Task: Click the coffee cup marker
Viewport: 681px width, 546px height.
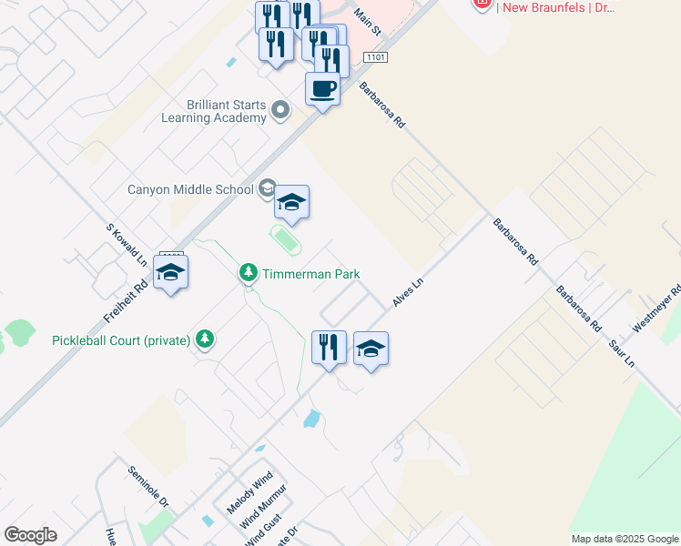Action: (322, 90)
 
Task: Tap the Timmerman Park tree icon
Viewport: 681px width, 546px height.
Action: (248, 272)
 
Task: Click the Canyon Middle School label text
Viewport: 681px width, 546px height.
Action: (189, 190)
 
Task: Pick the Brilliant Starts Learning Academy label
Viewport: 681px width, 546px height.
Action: (214, 111)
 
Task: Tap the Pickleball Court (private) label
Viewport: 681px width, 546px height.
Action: (120, 340)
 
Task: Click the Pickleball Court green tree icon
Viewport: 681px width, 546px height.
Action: (206, 339)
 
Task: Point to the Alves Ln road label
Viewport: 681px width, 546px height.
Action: (408, 292)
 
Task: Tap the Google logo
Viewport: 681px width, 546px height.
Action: (30, 535)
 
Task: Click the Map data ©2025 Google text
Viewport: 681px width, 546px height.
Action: (624, 539)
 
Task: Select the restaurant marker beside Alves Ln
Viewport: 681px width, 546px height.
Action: (329, 347)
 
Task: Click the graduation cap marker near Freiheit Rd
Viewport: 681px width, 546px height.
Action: (170, 272)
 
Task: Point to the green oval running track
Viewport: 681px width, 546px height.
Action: (286, 240)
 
